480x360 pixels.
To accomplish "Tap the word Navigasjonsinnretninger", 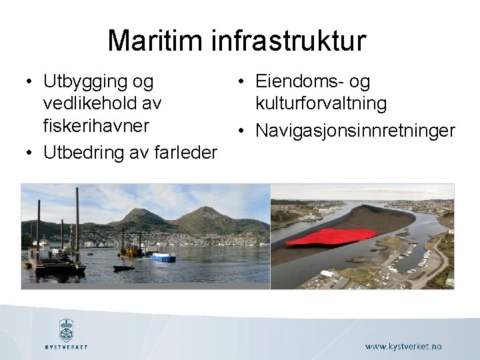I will click(353, 129).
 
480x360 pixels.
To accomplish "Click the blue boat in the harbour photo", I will click(163, 257).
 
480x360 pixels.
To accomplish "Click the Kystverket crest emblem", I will click(66, 329).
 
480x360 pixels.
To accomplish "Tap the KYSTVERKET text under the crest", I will click(66, 347).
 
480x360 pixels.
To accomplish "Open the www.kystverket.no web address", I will click(403, 347).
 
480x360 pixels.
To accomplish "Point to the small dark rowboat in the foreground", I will click(124, 267).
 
